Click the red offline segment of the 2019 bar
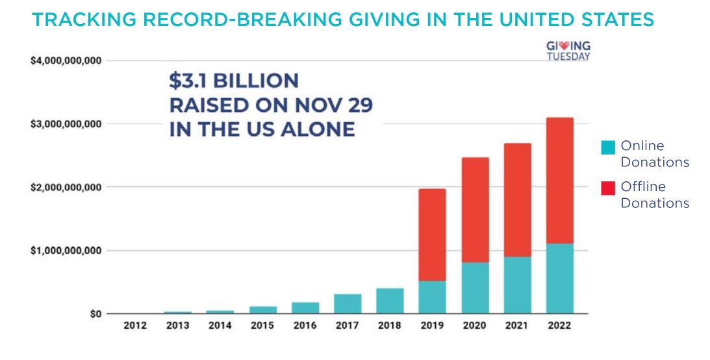click(432, 235)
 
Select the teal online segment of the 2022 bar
click(559, 278)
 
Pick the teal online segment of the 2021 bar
click(517, 285)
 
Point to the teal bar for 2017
click(348, 303)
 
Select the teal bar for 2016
click(305, 307)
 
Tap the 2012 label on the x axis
click(135, 326)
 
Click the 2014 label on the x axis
click(220, 326)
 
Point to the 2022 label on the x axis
click(559, 326)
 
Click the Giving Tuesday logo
click(568, 51)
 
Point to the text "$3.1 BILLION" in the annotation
click(234, 81)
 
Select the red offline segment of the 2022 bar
click(559, 181)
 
